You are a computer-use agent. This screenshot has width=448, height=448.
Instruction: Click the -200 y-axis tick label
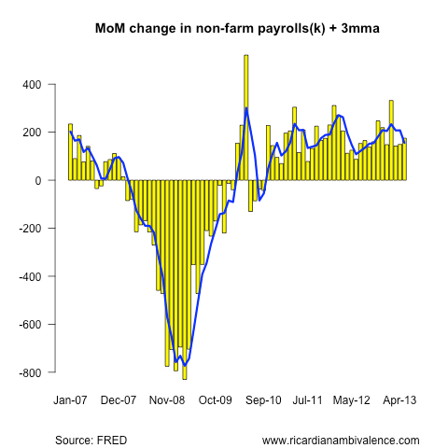tap(31, 229)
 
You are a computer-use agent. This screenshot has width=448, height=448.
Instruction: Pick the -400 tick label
tap(31, 276)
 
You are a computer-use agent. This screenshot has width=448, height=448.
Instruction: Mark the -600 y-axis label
tap(31, 325)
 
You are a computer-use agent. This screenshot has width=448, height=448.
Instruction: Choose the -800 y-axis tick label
tap(31, 372)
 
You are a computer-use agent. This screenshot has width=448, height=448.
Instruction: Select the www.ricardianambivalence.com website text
tap(341, 440)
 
